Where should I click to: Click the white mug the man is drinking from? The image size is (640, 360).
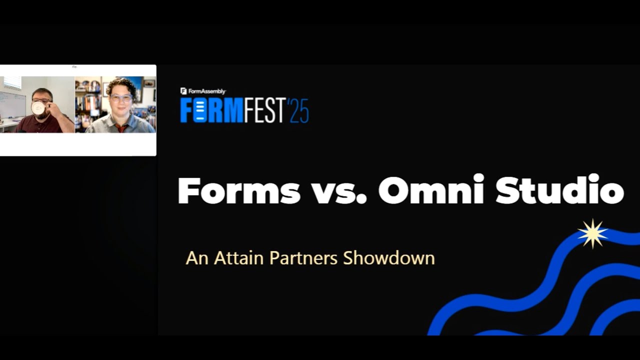(38, 107)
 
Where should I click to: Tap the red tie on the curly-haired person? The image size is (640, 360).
(120, 128)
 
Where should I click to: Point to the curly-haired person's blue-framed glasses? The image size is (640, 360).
(121, 98)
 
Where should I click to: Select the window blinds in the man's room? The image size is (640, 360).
(12, 82)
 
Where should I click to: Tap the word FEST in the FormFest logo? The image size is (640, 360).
(265, 110)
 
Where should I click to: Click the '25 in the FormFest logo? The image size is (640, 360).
(298, 110)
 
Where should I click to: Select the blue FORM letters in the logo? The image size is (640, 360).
(211, 110)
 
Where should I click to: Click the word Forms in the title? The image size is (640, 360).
(238, 190)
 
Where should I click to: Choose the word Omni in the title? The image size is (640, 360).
(431, 190)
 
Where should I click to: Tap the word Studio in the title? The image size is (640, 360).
(559, 190)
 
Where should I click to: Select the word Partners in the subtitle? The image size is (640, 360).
(303, 258)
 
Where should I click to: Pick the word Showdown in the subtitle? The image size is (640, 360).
(388, 258)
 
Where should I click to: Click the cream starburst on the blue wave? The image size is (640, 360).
(592, 233)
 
